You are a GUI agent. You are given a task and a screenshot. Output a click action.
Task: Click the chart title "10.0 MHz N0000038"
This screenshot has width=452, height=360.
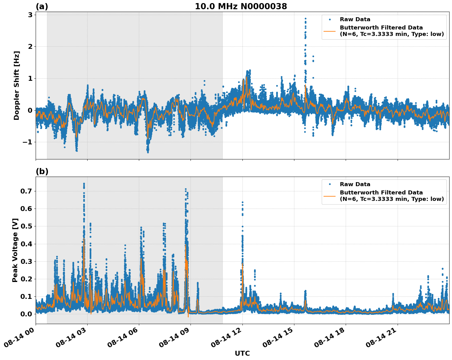click(x=241, y=6)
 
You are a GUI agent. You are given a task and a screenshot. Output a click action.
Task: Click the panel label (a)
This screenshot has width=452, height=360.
click(x=42, y=6)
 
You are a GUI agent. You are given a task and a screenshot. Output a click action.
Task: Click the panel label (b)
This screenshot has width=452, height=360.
click(x=42, y=171)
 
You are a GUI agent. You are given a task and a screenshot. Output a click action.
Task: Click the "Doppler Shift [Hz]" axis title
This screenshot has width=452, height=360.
click(x=17, y=85)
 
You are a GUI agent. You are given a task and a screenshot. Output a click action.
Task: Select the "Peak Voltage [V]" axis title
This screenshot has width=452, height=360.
click(x=15, y=250)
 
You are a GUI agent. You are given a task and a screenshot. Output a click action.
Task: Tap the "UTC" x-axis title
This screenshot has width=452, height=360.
click(x=242, y=353)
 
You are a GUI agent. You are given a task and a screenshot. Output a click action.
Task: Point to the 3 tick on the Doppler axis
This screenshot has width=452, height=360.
click(x=30, y=15)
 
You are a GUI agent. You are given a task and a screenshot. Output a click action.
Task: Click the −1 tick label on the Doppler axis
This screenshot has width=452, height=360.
click(x=27, y=142)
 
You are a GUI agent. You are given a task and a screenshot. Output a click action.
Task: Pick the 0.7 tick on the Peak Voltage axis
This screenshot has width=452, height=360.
click(x=26, y=191)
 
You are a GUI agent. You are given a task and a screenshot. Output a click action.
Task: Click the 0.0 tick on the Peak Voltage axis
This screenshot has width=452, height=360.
click(x=26, y=314)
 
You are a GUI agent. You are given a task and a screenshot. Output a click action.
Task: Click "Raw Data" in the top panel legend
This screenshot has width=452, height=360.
click(x=355, y=19)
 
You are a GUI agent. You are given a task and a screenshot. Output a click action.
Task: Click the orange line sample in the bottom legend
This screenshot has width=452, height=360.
click(x=330, y=196)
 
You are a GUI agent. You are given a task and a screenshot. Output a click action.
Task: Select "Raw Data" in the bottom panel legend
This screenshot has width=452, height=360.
click(x=355, y=184)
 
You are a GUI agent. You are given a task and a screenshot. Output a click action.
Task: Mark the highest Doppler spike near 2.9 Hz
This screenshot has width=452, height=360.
click(x=305, y=18)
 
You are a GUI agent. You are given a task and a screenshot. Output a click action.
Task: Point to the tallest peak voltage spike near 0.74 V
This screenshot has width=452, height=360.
click(x=84, y=184)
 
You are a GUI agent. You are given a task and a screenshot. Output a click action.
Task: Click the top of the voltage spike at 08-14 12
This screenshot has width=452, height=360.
click(x=242, y=202)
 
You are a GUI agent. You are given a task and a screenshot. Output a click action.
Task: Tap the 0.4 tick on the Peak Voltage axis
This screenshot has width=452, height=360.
click(x=26, y=244)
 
